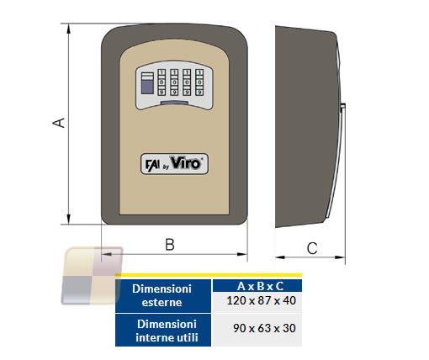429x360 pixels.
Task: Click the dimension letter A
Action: (x=59, y=123)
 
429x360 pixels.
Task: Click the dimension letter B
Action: (x=170, y=244)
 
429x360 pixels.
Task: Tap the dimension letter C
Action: (x=312, y=248)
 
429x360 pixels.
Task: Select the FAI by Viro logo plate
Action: (x=174, y=164)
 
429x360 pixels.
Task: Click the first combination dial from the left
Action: (x=162, y=82)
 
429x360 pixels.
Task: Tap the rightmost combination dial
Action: (x=199, y=82)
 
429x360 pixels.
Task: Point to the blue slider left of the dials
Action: (x=147, y=83)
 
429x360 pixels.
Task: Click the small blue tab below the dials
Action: (x=174, y=103)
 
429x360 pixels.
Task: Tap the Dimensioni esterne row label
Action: (x=163, y=296)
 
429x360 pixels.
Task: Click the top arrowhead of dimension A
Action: (x=69, y=29)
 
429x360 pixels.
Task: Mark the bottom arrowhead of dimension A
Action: (x=69, y=219)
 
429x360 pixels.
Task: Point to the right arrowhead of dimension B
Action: (x=242, y=254)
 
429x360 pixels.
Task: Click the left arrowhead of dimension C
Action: (x=280, y=257)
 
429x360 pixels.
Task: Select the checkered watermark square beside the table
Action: (x=92, y=276)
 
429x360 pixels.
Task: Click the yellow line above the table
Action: (x=209, y=275)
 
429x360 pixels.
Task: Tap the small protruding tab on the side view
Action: (x=342, y=107)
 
